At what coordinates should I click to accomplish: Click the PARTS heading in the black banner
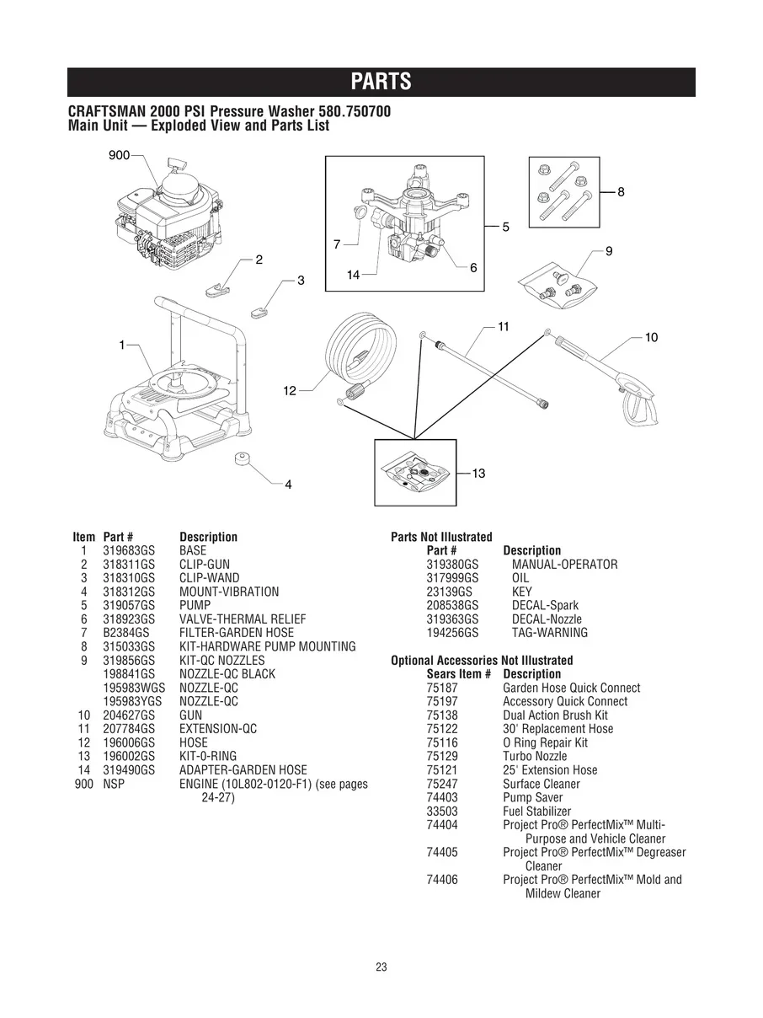coord(381,82)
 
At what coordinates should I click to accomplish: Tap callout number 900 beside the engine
coord(119,155)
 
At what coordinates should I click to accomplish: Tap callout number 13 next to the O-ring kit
coord(478,474)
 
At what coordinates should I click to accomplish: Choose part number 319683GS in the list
coord(129,550)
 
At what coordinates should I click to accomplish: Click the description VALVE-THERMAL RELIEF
coord(243,619)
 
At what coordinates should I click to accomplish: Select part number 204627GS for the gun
coord(129,715)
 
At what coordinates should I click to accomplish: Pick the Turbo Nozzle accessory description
coord(535,756)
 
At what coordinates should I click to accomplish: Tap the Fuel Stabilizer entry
coord(536,811)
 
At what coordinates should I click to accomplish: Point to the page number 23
coord(381,967)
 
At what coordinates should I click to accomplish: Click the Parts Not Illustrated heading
coord(441,537)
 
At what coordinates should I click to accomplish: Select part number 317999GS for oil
coord(452,578)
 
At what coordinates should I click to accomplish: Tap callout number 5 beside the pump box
coord(505,227)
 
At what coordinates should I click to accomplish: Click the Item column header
coord(84,537)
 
